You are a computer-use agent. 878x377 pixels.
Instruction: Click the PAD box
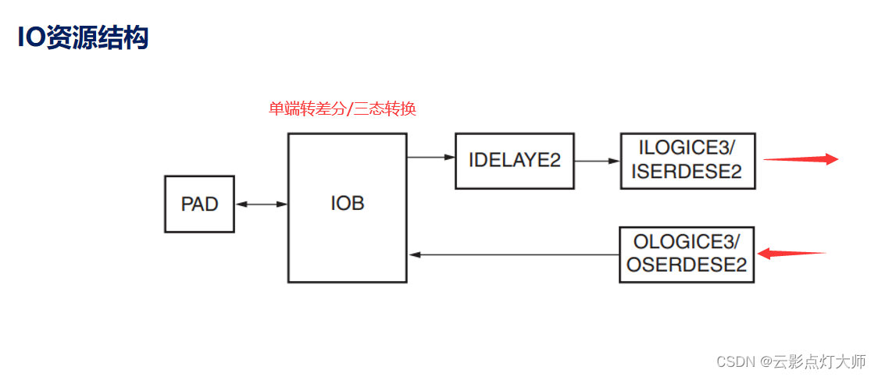[199, 205]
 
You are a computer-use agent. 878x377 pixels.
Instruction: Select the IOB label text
[347, 205]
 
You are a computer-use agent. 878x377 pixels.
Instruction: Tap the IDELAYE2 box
[514, 161]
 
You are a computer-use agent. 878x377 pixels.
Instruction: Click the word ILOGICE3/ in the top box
[687, 148]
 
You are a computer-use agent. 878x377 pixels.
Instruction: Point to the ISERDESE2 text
[687, 171]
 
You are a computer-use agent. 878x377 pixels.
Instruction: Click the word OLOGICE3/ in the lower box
[686, 240]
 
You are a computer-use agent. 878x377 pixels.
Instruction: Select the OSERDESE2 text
[686, 265]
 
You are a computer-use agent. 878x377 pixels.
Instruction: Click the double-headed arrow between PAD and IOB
[261, 205]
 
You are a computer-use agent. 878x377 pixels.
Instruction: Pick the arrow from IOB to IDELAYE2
[430, 158]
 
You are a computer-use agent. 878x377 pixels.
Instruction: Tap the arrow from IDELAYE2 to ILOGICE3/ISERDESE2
[597, 162]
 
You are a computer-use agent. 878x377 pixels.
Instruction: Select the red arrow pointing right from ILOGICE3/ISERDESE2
[800, 159]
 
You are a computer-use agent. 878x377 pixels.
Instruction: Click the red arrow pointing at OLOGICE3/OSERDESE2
[791, 253]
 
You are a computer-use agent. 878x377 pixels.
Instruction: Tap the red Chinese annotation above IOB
[342, 109]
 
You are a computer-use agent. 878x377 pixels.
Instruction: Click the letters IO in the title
[31, 37]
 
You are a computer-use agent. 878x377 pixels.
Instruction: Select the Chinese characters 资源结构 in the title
[97, 37]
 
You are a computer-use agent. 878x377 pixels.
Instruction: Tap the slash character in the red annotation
[350, 109]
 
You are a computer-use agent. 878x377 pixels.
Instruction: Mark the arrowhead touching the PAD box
[240, 205]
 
